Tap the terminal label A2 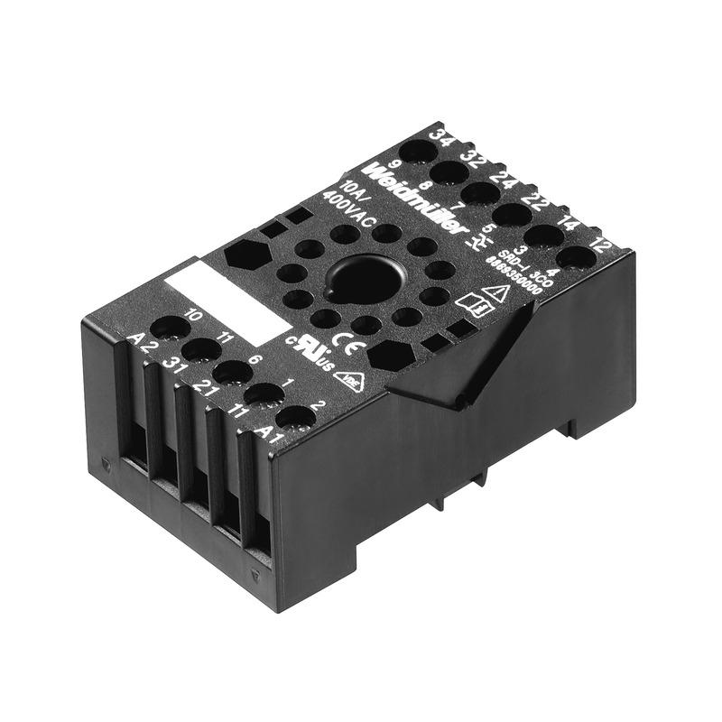pyautogui.click(x=140, y=341)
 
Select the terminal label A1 pyautogui.click(x=263, y=431)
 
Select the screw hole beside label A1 pyautogui.click(x=294, y=417)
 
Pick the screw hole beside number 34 pyautogui.click(x=417, y=149)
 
